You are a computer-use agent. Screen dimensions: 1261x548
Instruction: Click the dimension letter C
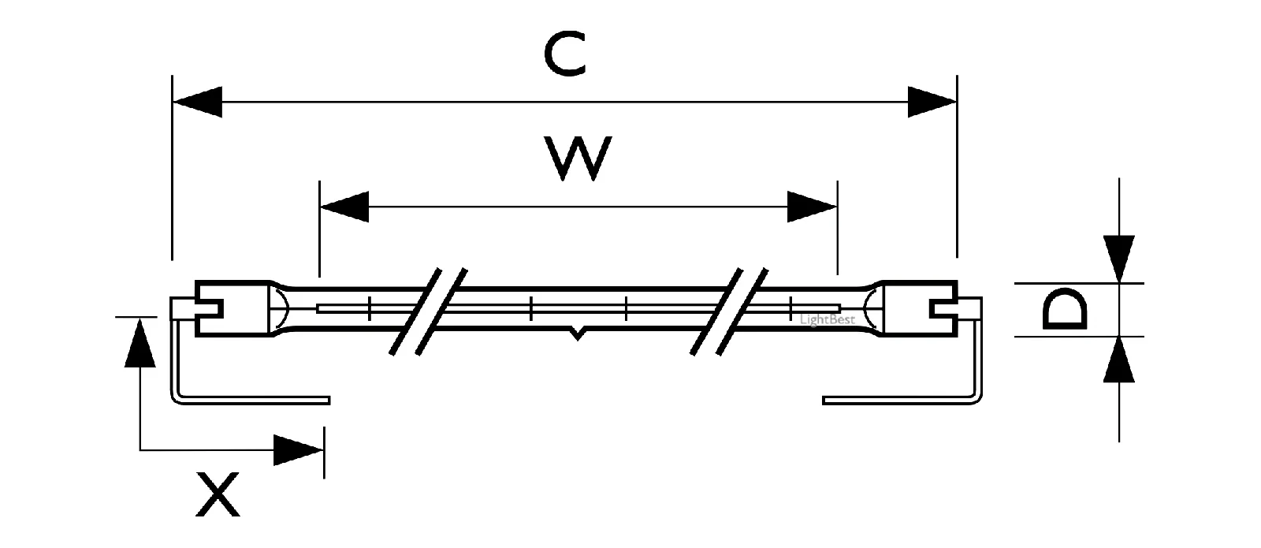click(x=565, y=54)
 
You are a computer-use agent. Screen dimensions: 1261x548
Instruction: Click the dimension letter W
click(x=578, y=158)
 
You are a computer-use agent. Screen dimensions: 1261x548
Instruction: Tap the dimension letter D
click(x=1065, y=309)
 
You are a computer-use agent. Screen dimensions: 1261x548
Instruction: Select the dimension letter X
click(x=218, y=494)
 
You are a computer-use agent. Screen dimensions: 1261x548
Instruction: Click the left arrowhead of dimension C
click(x=197, y=102)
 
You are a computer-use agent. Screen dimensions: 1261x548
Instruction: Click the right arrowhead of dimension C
click(x=932, y=102)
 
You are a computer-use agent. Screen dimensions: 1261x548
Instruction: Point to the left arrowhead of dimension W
click(x=344, y=207)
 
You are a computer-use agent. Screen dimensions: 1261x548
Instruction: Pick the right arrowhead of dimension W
click(x=812, y=207)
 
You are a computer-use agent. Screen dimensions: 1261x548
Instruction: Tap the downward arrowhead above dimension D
click(x=1119, y=259)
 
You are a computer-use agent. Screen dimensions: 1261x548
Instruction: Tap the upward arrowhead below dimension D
click(x=1119, y=360)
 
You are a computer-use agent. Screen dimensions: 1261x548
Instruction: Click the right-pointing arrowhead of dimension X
click(x=299, y=450)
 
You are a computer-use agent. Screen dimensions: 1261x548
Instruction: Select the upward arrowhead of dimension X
click(x=139, y=342)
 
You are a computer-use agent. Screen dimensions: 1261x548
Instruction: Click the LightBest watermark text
click(x=827, y=320)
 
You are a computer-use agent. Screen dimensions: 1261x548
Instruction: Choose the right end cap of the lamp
click(x=920, y=308)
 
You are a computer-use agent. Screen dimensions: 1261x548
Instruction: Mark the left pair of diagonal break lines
click(x=429, y=311)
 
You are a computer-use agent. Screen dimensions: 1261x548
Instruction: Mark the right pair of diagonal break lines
click(x=729, y=311)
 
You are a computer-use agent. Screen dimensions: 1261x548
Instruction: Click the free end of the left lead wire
click(x=329, y=401)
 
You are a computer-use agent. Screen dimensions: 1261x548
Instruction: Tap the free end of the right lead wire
click(x=824, y=401)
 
